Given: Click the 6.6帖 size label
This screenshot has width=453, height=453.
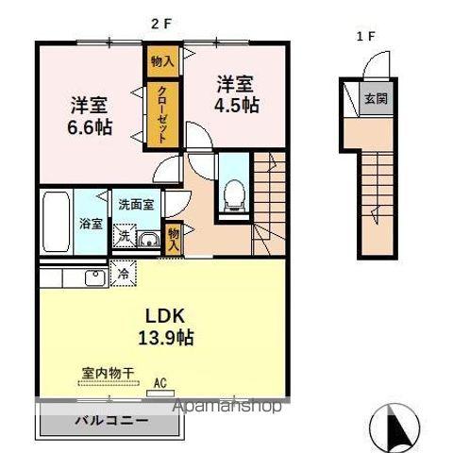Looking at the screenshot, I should click(x=91, y=126).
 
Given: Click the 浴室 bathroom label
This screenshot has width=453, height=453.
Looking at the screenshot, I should click(x=91, y=225).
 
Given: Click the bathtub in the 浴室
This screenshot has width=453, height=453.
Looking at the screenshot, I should click(x=56, y=221).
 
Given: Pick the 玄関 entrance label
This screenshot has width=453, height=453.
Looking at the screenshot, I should click(x=377, y=97).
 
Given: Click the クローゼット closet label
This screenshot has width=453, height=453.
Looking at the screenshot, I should click(x=162, y=114).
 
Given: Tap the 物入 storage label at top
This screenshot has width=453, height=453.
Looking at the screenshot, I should click(x=162, y=61).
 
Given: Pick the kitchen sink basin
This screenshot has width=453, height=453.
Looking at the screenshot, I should click(x=94, y=277).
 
